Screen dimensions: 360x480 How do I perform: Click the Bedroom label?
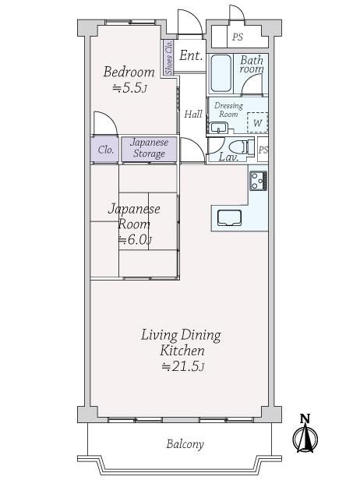pyautogui.click(x=129, y=72)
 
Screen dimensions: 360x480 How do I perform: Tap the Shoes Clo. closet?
pyautogui.click(x=168, y=57)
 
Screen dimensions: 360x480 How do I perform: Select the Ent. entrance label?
pyautogui.click(x=191, y=55)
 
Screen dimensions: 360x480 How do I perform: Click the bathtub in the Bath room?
pyautogui.click(x=221, y=73)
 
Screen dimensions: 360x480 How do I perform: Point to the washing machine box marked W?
pyautogui.click(x=257, y=122)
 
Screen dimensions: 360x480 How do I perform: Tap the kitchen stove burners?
pyautogui.click(x=259, y=181)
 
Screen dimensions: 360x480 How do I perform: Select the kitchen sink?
pyautogui.click(x=229, y=217)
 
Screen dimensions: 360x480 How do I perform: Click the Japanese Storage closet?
pyautogui.click(x=149, y=149)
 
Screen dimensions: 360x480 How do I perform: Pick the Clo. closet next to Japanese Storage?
pyautogui.click(x=104, y=149)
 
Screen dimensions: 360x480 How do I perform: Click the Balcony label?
pyautogui.click(x=185, y=444)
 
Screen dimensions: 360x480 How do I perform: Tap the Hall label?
pyautogui.click(x=193, y=115)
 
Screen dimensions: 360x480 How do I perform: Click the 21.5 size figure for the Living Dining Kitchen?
pyautogui.click(x=183, y=366)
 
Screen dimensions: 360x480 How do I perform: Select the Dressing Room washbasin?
pyautogui.click(x=218, y=127)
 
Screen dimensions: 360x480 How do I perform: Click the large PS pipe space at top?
pyautogui.click(x=237, y=37)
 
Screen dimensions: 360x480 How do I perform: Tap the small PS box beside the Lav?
pyautogui.click(x=263, y=150)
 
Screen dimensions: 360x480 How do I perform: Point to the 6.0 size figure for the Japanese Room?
pyautogui.click(x=135, y=240)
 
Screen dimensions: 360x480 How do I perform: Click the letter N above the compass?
pyautogui.click(x=305, y=418)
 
